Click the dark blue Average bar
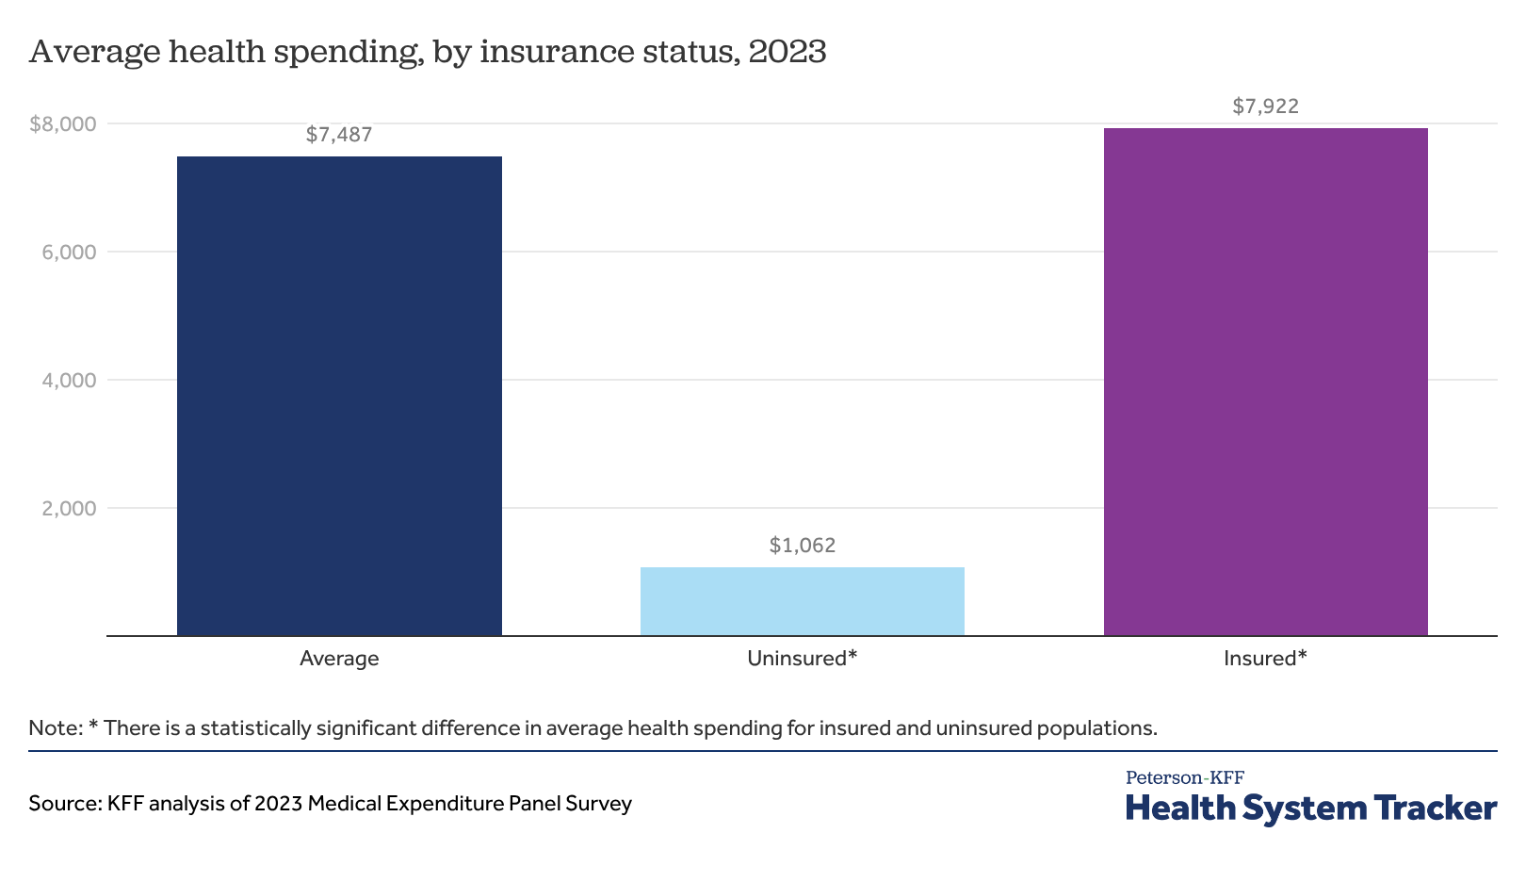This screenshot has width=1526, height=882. tap(339, 396)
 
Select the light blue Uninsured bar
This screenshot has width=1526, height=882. tap(803, 601)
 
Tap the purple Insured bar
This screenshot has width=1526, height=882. tap(1266, 382)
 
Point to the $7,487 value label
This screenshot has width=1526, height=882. tap(339, 135)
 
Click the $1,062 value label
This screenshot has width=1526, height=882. tap(803, 546)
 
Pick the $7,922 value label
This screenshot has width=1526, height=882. tap(1266, 106)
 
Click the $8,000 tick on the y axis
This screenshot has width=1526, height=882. tap(63, 124)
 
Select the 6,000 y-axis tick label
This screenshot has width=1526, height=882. tap(69, 253)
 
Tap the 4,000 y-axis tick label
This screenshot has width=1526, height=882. tap(69, 381)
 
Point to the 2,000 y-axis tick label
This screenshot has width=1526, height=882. tap(69, 509)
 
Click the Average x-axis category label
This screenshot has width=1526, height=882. tap(339, 659)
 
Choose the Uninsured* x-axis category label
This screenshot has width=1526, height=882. tap(803, 659)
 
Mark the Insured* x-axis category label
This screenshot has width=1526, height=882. tap(1266, 659)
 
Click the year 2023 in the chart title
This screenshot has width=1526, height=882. tap(787, 52)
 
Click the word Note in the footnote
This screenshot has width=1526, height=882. tap(56, 728)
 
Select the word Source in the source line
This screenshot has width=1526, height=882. tap(65, 804)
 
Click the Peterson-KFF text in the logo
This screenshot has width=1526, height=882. tap(1185, 777)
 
